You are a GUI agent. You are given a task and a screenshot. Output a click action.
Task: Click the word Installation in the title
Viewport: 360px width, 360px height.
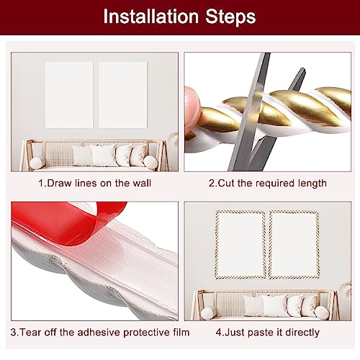click(x=151, y=17)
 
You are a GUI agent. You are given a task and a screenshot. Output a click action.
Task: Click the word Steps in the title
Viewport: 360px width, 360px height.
click(x=230, y=17)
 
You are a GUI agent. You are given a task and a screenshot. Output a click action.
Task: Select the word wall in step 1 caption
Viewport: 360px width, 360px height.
click(x=142, y=183)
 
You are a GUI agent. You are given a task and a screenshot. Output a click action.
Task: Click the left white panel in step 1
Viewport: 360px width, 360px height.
click(x=69, y=95)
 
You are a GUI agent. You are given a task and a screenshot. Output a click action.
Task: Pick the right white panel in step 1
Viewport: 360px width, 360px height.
click(x=123, y=95)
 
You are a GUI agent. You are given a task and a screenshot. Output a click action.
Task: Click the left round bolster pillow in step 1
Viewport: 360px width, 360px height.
click(x=37, y=163)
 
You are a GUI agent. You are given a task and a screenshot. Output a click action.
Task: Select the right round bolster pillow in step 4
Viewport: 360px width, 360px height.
click(x=322, y=312)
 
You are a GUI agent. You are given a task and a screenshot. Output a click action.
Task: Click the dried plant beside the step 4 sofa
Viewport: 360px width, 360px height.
click(x=346, y=289)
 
